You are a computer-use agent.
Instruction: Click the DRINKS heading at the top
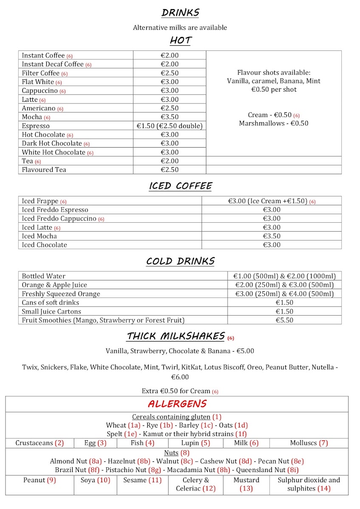click(x=180, y=13)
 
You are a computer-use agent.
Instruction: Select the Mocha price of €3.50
click(x=169, y=117)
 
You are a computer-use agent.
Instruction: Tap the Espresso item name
click(x=36, y=126)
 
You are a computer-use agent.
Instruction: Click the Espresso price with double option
click(x=169, y=126)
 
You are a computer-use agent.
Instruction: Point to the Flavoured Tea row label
click(x=44, y=170)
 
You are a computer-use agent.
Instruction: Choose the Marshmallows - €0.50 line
click(x=273, y=123)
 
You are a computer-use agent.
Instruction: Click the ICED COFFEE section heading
click(x=180, y=186)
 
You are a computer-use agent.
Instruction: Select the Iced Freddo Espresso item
click(x=55, y=210)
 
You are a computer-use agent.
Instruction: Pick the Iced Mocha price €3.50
click(x=272, y=236)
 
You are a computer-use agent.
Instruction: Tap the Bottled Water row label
click(x=44, y=276)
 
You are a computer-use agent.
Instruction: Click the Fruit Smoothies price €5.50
click(x=284, y=320)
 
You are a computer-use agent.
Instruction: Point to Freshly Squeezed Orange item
click(x=61, y=294)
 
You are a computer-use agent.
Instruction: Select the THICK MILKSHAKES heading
click(x=176, y=336)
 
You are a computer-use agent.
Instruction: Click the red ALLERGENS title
click(x=177, y=403)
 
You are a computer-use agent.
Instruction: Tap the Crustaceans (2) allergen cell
click(x=39, y=443)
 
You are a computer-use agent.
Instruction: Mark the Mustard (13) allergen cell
click(x=246, y=484)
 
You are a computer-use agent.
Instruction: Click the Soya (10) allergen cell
click(x=95, y=480)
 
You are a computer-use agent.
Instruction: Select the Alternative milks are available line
click(x=180, y=28)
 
